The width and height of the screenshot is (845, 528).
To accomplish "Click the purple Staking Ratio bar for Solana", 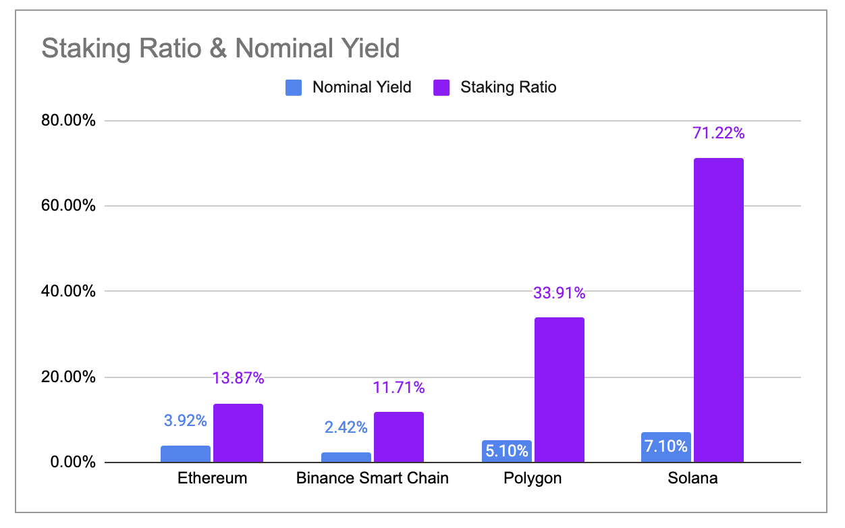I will coord(718,311).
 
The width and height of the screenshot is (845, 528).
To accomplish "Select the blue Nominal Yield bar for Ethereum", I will coord(186,454).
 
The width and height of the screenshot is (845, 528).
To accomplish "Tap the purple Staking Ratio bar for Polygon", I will coord(559,390).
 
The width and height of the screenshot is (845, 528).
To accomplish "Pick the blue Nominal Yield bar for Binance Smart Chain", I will coord(346,458).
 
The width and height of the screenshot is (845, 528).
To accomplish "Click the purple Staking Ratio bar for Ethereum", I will coord(238,433).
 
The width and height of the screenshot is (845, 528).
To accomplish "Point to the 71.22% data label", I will coord(718,133).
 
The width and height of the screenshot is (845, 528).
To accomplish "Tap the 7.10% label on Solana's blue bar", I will coord(665,446).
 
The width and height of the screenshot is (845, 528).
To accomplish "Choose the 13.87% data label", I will coord(238,378).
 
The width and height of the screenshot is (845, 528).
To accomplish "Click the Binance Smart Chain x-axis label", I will coord(373,479).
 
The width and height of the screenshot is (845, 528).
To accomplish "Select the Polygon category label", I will coord(533,479).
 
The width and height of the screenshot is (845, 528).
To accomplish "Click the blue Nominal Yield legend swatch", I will coord(294,87).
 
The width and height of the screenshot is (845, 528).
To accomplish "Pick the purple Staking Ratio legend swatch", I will coord(442,87).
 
